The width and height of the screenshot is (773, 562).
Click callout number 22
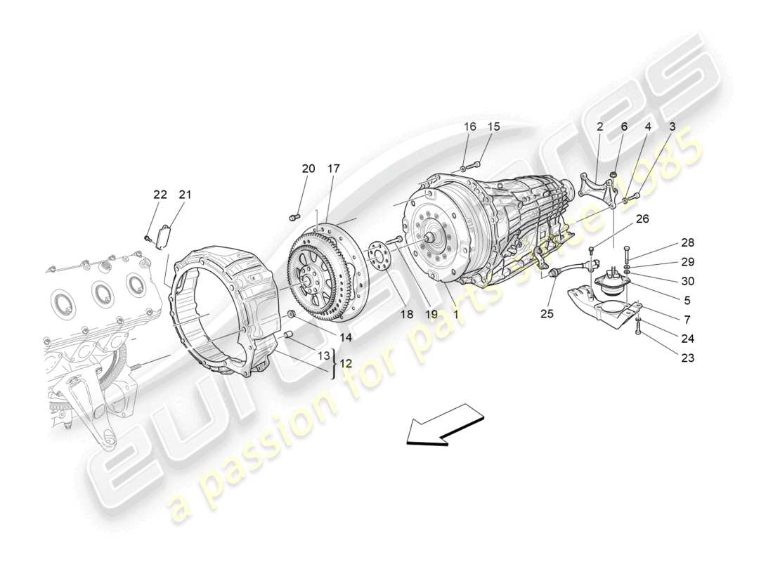coord(160,195)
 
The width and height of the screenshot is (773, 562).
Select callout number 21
coord(185,195)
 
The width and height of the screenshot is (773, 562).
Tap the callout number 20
coord(308,169)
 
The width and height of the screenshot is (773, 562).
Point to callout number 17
coord(333,169)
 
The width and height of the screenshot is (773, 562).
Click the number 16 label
coord(469,126)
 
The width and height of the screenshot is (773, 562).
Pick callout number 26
coord(642,218)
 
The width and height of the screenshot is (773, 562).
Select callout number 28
coord(687,243)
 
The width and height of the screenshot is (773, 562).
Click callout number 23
coord(687,358)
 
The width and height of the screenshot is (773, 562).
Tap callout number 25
coord(547,313)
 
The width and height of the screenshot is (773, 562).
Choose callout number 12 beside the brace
coord(346,364)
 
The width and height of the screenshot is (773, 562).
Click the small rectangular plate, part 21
coord(165,235)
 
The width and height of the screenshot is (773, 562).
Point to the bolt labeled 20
coord(295,216)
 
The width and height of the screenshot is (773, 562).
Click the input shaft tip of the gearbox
coord(426,237)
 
